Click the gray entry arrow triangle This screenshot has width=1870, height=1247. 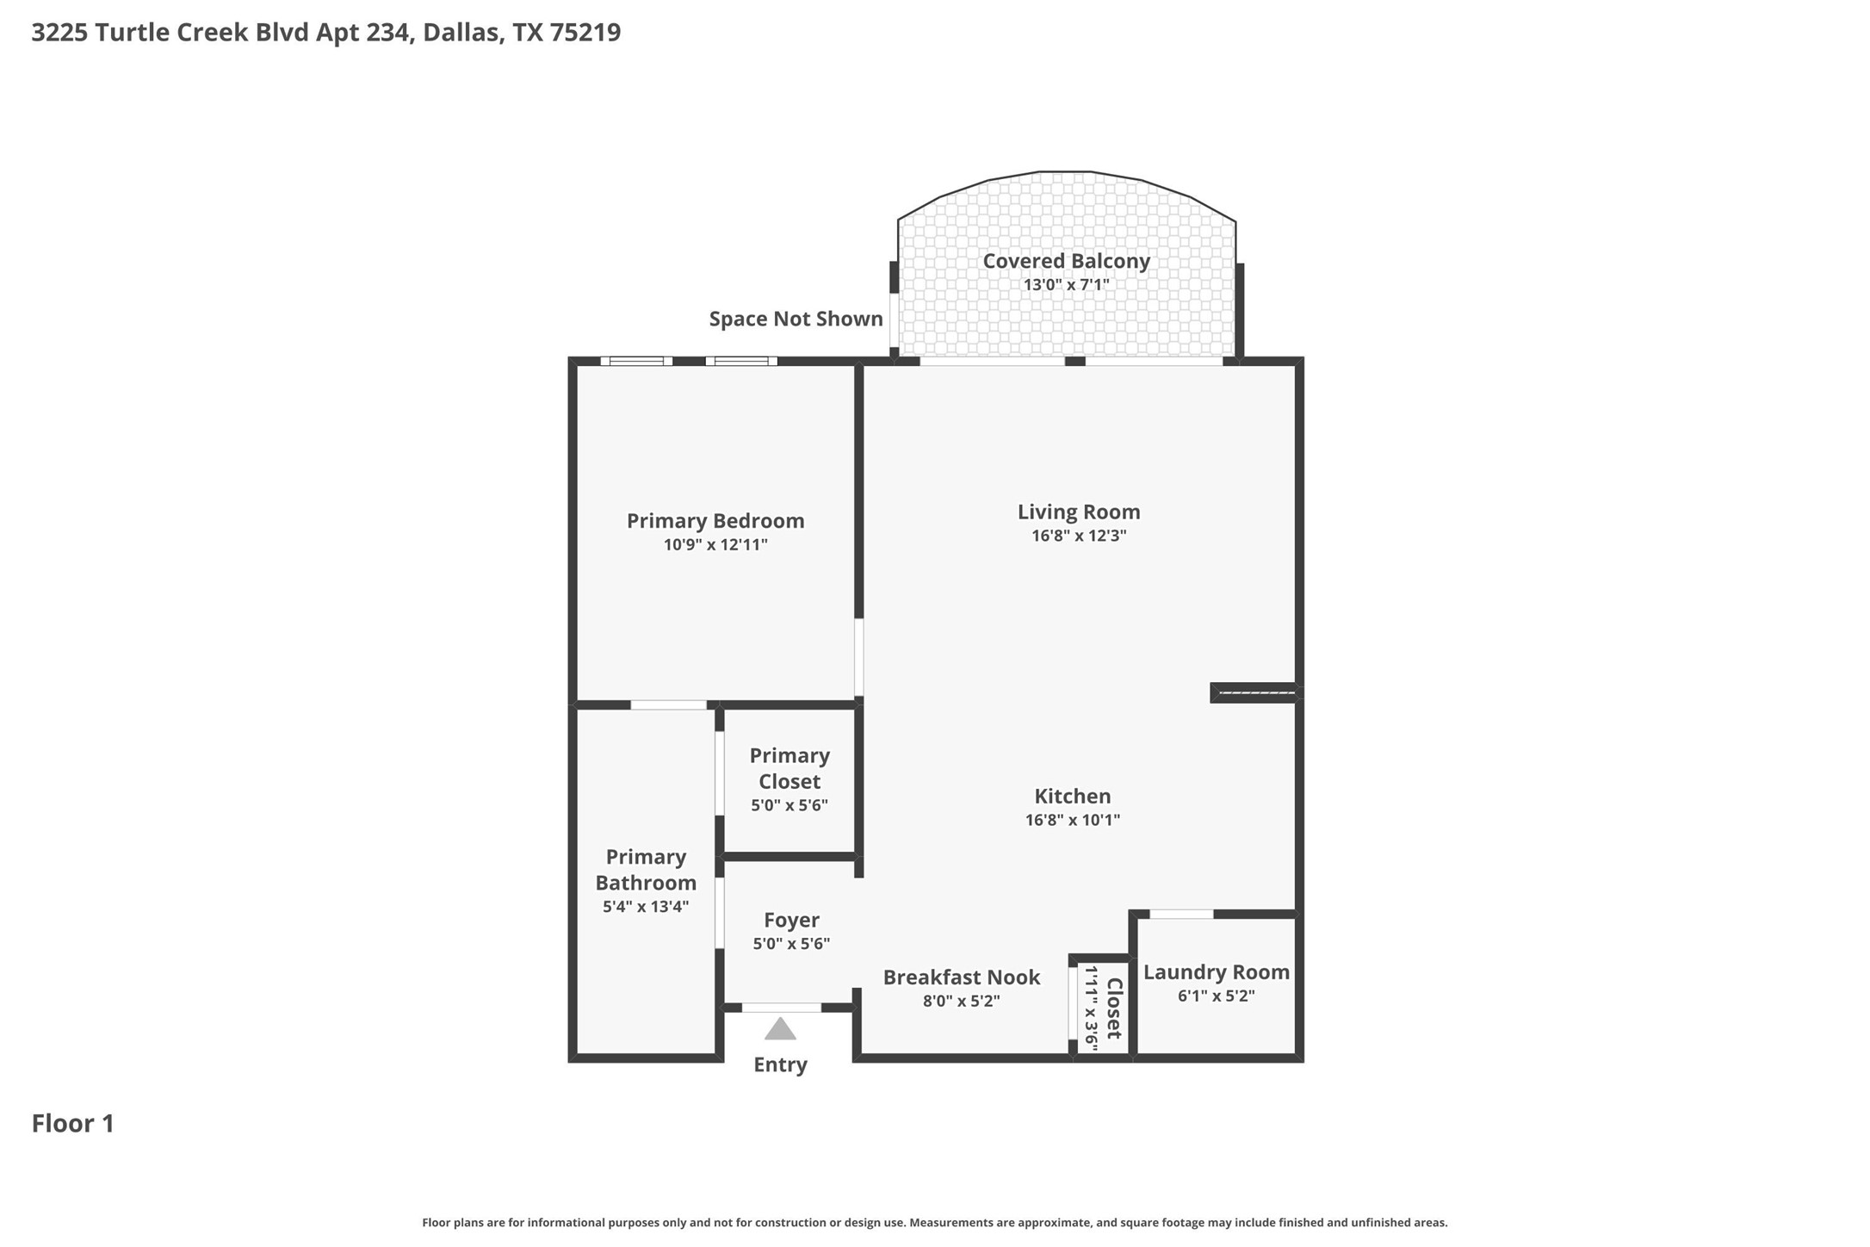(780, 1030)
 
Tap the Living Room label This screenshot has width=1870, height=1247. (1078, 512)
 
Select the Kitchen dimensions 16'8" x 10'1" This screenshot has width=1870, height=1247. (1072, 820)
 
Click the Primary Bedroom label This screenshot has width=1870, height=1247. (715, 520)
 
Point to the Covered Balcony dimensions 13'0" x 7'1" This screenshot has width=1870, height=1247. (1066, 285)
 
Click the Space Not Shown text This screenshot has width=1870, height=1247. (796, 319)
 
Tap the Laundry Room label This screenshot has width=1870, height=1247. (1216, 972)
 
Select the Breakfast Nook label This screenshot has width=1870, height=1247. (961, 977)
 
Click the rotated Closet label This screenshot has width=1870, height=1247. (1114, 1008)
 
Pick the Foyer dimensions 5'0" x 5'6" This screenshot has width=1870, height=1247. (790, 944)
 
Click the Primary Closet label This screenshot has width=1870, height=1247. (789, 768)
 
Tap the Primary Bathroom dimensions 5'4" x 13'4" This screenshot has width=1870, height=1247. (646, 906)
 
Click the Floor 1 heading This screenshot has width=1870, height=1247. (73, 1123)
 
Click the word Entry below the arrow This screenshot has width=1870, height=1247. (780, 1064)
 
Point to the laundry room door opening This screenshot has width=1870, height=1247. (1181, 914)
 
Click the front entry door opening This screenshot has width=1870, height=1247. (781, 1008)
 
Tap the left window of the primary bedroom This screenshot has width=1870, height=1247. (636, 361)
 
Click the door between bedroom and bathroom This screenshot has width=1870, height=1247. (668, 705)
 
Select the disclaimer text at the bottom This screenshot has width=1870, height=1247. (934, 1223)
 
